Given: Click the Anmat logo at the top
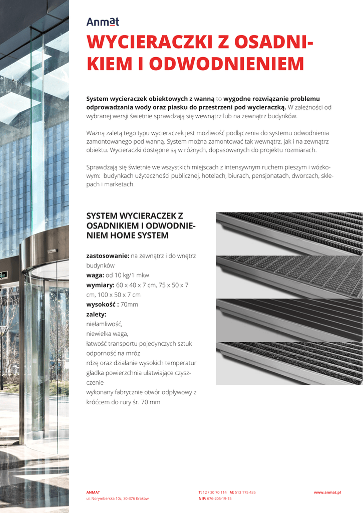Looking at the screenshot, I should (x=102, y=22).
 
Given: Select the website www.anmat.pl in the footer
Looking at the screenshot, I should (x=327, y=492).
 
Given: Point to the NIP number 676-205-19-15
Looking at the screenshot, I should (x=219, y=498).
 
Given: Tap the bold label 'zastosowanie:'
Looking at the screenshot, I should (x=108, y=255).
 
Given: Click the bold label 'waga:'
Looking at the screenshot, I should (x=96, y=275).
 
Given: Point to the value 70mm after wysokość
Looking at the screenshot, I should (x=129, y=304).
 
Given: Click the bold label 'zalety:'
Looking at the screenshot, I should (x=96, y=314).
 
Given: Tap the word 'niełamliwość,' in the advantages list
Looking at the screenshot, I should (x=104, y=324).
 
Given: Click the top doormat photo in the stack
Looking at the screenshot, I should (x=289, y=233).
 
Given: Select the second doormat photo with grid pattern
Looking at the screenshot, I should (x=289, y=277).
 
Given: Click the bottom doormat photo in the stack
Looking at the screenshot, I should (x=289, y=363).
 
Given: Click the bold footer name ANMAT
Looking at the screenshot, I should (x=93, y=492).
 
